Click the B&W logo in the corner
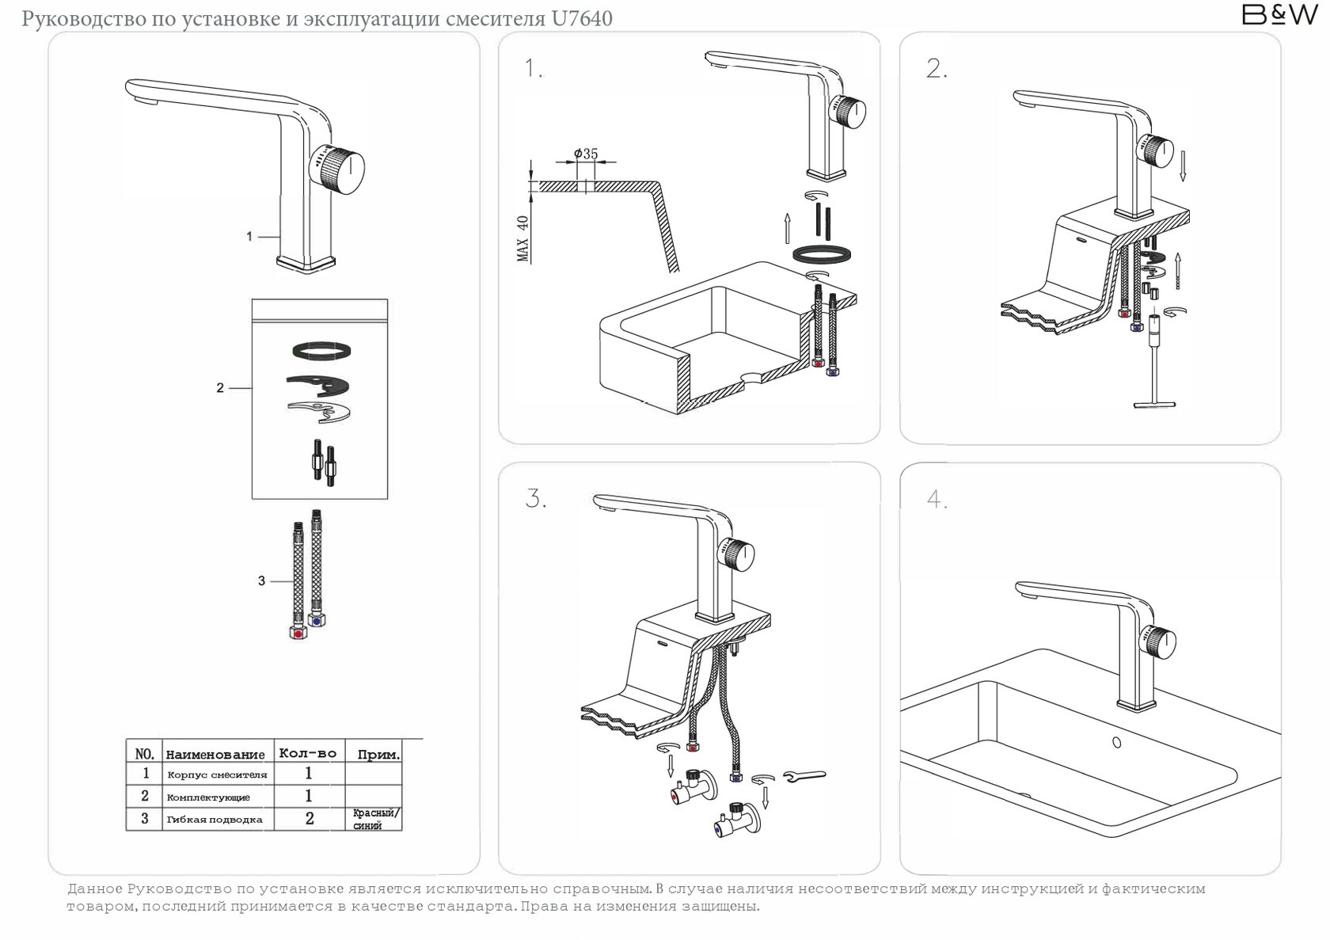pyautogui.click(x=1279, y=15)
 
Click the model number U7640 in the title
pyautogui.click(x=582, y=18)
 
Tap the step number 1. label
pyautogui.click(x=534, y=69)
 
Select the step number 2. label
pyautogui.click(x=937, y=69)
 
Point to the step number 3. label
pyautogui.click(x=535, y=499)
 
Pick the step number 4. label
pyautogui.click(x=937, y=500)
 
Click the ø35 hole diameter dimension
pyautogui.click(x=586, y=154)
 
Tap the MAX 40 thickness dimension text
pyautogui.click(x=522, y=238)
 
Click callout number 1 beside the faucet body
pyautogui.click(x=249, y=236)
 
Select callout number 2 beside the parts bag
pyautogui.click(x=220, y=388)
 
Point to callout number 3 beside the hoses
pyautogui.click(x=261, y=580)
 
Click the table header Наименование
pyautogui.click(x=215, y=755)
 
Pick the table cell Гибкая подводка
pyautogui.click(x=215, y=820)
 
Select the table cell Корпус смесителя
pyautogui.click(x=217, y=774)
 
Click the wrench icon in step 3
pyautogui.click(x=804, y=775)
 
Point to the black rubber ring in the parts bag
pyautogui.click(x=321, y=350)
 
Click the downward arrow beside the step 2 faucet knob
pyautogui.click(x=1183, y=166)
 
